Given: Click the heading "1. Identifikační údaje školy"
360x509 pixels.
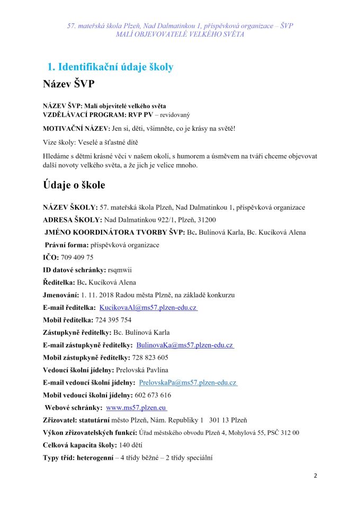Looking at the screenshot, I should pos(110,67).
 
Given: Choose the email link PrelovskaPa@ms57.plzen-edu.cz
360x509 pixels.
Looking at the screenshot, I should pos(187,382).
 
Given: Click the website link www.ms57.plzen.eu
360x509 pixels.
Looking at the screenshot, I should pos(137,408).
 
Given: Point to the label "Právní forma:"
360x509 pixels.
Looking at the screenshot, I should pos(67,245).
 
